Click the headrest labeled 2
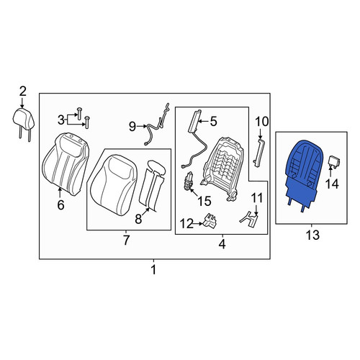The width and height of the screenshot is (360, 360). click(x=23, y=120)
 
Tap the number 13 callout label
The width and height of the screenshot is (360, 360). click(x=312, y=235)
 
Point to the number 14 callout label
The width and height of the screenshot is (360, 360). click(x=332, y=184)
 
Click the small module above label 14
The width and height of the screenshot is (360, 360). click(x=334, y=161)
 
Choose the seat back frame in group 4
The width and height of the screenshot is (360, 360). click(x=222, y=167)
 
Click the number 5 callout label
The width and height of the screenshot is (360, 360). click(x=213, y=122)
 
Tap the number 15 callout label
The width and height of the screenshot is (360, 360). click(x=204, y=201)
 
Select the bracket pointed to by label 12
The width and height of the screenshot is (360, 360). click(x=210, y=220)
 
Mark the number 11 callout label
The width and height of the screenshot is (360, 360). click(x=257, y=198)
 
